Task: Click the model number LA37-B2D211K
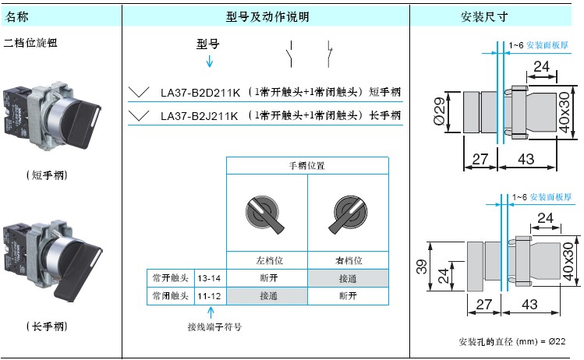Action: pos(200,92)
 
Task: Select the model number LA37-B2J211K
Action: pos(200,116)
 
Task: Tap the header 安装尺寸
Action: pos(484,16)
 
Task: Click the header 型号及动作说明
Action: pos(267,16)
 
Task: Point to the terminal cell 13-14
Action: pos(209,278)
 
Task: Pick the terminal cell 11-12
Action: pos(209,296)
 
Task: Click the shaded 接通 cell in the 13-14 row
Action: pos(348,278)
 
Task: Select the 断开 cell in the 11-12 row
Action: pos(348,296)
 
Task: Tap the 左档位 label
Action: pos(269,260)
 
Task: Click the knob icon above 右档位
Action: pos(349,214)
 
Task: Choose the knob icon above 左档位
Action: pos(264,214)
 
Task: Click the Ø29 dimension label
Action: pos(440,111)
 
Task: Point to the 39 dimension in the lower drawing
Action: pos(421,266)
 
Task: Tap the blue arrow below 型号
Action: pos(210,61)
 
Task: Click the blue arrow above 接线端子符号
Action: pos(211,312)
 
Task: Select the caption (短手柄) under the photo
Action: pos(47,175)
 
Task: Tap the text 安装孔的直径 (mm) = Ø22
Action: pos(512,341)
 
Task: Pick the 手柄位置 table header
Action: pos(307,166)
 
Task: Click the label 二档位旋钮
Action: pos(30,43)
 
